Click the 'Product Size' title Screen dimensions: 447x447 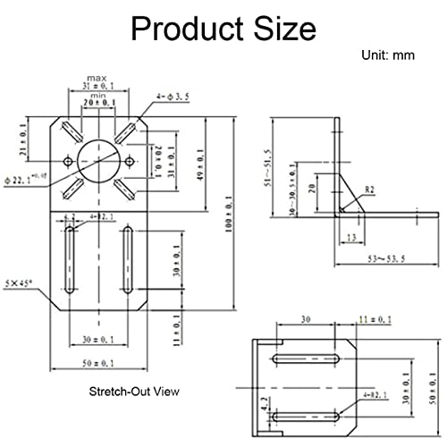point(223,29)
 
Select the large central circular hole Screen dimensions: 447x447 point(98,161)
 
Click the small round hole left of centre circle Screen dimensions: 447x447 point(66,162)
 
